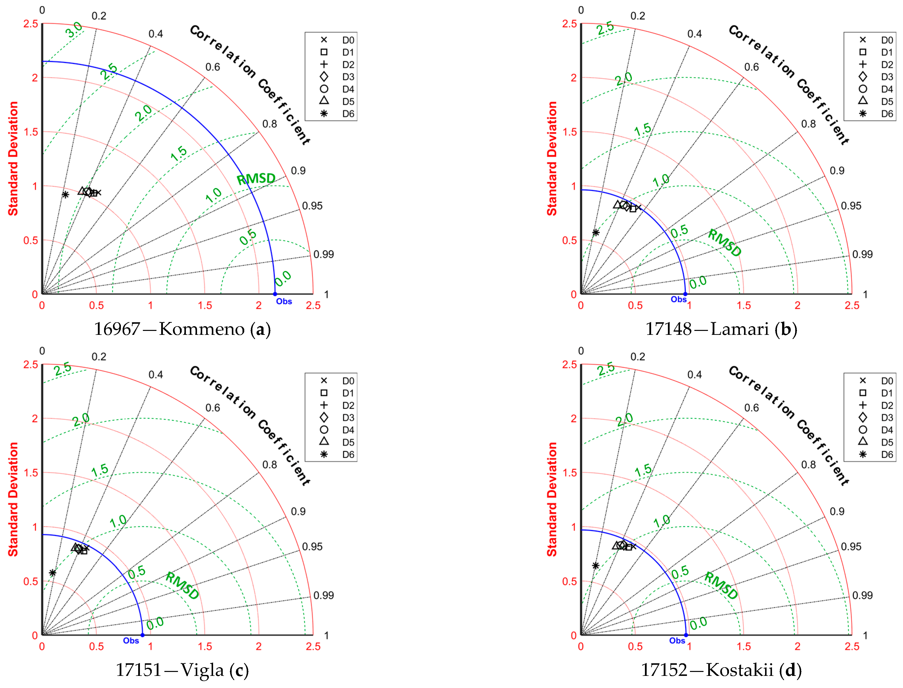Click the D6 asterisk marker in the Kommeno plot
[x=65, y=194]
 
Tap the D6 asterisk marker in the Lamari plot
[x=596, y=233]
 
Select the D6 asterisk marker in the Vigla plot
[x=52, y=573]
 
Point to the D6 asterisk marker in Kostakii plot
[x=595, y=566]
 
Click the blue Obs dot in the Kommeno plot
[x=275, y=294]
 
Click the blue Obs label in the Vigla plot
[x=131, y=641]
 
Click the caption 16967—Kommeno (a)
[x=182, y=329]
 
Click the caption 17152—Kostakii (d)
[x=721, y=670]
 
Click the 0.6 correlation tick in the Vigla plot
[x=213, y=408]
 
